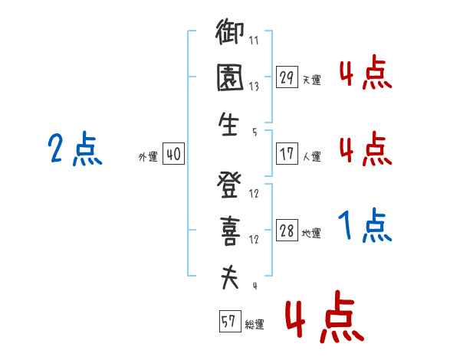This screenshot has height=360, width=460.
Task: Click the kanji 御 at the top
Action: (230, 31)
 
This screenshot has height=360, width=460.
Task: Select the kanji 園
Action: (230, 77)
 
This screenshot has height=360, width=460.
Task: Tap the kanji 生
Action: (228, 124)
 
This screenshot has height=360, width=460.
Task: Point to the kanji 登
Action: (229, 185)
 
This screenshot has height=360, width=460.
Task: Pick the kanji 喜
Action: (230, 231)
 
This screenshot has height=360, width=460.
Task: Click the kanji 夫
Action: (230, 277)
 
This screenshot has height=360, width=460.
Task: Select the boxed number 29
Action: (287, 77)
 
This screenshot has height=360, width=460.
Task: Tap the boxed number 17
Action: (287, 154)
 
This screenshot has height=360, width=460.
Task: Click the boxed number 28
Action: (287, 230)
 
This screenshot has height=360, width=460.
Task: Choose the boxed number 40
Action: (173, 154)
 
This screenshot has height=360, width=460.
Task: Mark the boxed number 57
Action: (230, 321)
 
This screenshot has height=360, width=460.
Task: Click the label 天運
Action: (312, 80)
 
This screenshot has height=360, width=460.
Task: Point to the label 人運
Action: (312, 156)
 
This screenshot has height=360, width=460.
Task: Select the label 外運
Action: (148, 157)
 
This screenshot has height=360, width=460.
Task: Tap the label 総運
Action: (255, 324)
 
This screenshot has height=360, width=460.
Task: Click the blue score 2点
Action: (75, 149)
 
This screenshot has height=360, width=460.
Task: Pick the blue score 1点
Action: (365, 225)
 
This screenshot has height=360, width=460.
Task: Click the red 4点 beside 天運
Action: (366, 72)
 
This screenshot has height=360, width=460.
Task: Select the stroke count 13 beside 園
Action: (254, 87)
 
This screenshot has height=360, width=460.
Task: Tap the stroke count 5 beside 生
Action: (255, 133)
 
